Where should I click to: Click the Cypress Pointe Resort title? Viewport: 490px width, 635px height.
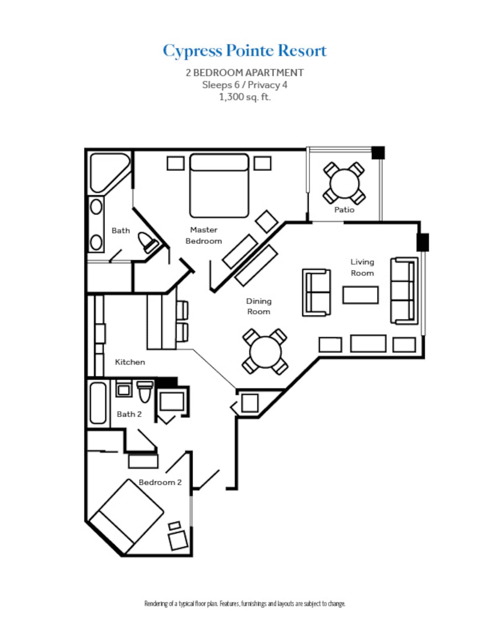(245, 51)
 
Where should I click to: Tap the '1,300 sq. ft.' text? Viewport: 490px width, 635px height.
(245, 97)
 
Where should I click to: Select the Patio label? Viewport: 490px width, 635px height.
(344, 210)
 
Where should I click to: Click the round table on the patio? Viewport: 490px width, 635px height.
(344, 183)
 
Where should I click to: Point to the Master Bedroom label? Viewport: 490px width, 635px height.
(203, 235)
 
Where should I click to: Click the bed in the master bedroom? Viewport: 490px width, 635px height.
(219, 186)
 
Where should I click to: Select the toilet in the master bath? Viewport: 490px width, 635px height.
(148, 242)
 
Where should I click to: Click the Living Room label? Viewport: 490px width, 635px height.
(362, 267)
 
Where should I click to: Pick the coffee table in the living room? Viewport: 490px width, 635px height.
(360, 295)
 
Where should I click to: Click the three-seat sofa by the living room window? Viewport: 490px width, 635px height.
(404, 291)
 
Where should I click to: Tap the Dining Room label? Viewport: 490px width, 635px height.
(259, 306)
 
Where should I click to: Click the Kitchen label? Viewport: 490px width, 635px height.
(130, 362)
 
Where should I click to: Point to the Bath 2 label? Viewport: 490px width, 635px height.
(129, 414)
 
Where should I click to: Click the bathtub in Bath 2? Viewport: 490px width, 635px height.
(98, 403)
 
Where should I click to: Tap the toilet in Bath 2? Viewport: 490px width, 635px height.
(145, 392)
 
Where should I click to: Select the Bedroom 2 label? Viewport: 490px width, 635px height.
(160, 482)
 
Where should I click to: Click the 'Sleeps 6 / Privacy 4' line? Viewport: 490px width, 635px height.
(245, 85)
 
